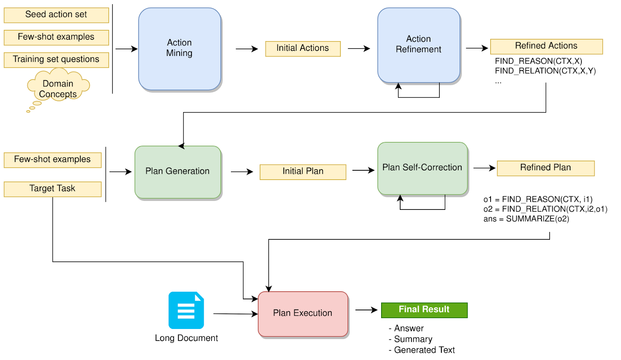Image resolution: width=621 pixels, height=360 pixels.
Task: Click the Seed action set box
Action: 56,15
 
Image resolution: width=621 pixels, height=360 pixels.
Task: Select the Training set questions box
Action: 56,59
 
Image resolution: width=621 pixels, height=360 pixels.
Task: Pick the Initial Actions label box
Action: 303,48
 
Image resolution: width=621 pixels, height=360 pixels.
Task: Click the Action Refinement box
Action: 418,45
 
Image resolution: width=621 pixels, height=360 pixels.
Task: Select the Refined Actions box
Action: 546,46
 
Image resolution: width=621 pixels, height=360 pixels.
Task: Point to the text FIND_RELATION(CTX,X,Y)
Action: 545,71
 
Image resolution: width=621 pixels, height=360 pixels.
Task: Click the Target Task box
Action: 52,189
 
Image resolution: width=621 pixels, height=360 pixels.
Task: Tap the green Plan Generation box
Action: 177,171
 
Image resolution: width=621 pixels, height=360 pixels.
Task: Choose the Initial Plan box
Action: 303,171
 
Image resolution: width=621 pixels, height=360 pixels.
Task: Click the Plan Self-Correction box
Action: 422,168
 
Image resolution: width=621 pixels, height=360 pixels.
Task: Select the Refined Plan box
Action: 545,168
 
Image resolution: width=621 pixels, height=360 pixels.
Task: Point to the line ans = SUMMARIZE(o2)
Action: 526,219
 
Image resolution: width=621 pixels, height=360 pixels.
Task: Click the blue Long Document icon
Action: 186,310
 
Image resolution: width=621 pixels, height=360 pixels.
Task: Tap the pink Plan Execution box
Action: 303,313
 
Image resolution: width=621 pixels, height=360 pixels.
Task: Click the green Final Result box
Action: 424,310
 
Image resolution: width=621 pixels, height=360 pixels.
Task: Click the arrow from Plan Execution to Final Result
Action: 366,310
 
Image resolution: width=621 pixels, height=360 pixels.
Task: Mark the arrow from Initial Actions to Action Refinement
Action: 359,48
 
